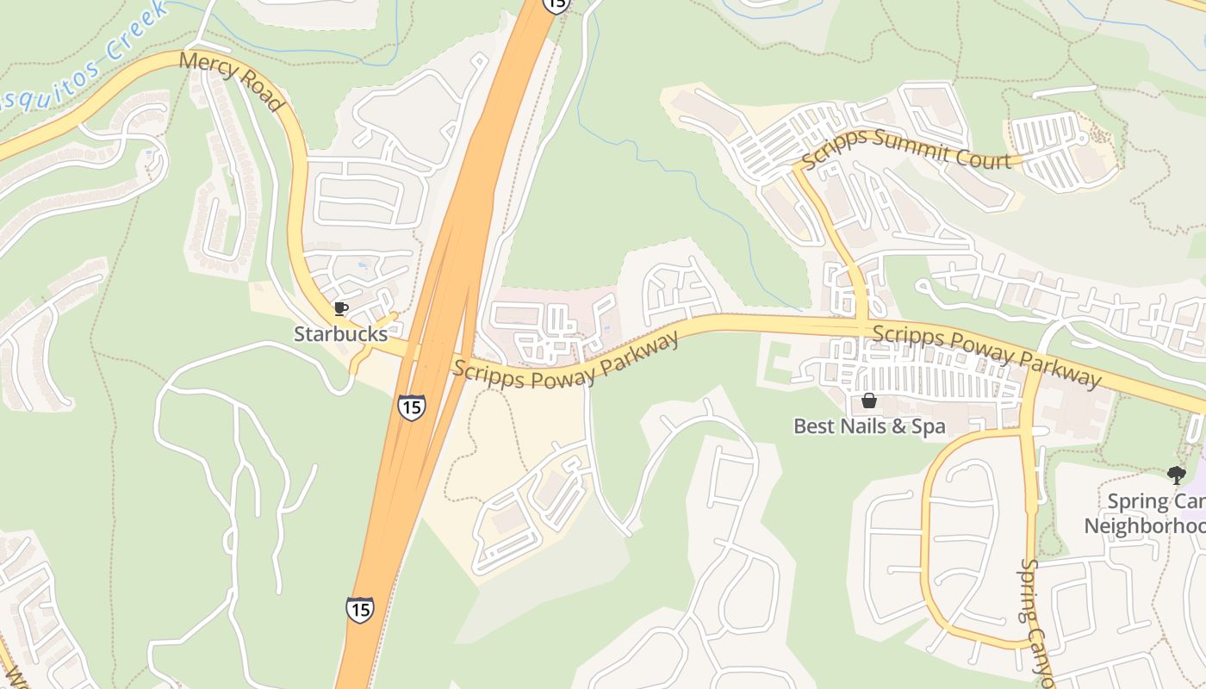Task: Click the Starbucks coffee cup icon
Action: pyautogui.click(x=341, y=308)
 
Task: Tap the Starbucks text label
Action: pyautogui.click(x=340, y=333)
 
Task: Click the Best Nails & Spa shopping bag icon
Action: pyautogui.click(x=868, y=401)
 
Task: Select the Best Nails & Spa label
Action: pyautogui.click(x=868, y=425)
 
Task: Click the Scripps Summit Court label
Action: pyautogui.click(x=905, y=148)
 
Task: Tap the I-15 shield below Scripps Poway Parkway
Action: pyautogui.click(x=412, y=407)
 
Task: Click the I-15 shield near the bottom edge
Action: pyautogui.click(x=360, y=609)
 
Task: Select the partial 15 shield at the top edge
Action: pyautogui.click(x=556, y=4)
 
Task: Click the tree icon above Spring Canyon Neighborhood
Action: pyautogui.click(x=1176, y=475)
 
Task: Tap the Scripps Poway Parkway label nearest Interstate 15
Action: pyautogui.click(x=566, y=357)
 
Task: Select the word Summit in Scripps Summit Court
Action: pyautogui.click(x=910, y=146)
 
